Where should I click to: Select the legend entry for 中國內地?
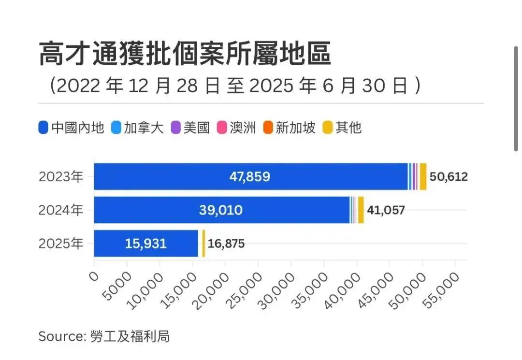71,128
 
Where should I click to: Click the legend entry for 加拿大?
138,128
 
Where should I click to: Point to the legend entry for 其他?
342,128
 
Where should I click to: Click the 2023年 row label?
61,177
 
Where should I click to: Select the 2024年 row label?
61,210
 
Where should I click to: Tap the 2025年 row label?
61,244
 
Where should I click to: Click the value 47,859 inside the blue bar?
249,177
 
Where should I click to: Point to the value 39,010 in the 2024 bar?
220,210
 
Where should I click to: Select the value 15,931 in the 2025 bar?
145,244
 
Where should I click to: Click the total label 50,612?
449,177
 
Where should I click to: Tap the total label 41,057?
386,210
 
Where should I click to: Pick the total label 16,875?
226,244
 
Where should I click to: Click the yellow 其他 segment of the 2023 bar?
423,177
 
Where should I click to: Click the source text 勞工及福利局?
130,336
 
